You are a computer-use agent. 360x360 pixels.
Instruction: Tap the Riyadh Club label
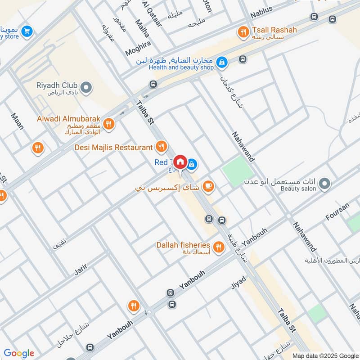coord(57,85)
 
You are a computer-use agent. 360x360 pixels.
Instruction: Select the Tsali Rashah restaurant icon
coord(244,31)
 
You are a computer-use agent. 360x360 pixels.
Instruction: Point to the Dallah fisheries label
coord(183,245)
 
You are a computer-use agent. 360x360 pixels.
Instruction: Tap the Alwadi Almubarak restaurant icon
coord(108,123)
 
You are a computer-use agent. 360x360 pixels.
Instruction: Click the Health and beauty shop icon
coord(221,63)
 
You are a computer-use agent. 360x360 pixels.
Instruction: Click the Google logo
coord(19,353)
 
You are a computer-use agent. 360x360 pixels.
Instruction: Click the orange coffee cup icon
coord(208,185)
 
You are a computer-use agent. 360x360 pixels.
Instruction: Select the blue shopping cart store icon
coord(27,31)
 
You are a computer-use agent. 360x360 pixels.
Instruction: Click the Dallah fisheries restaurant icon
coord(219,246)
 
